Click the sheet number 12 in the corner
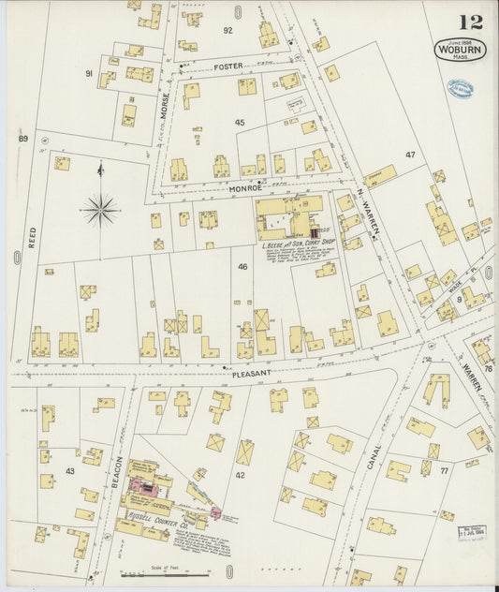coord(471,22)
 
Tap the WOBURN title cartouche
coord(460,48)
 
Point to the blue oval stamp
coord(460,89)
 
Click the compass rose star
coord(99,209)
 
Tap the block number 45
coord(240,123)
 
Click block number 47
coord(409,154)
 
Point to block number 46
coord(242,267)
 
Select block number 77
coord(444,470)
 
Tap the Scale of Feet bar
coord(179,573)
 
